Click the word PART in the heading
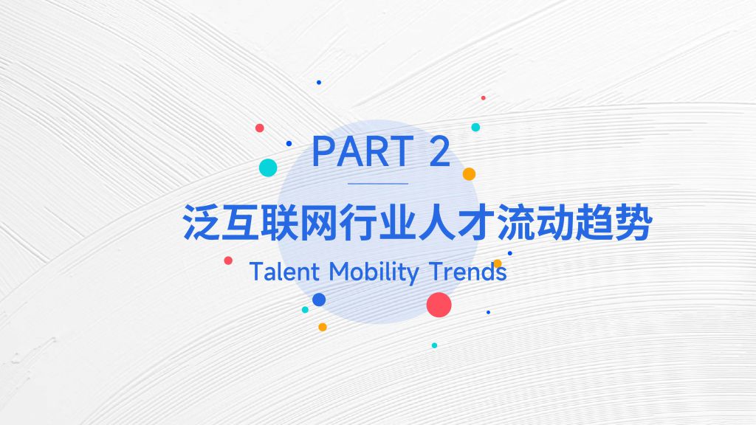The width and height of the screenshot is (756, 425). [x=363, y=151]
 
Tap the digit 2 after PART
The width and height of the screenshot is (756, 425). [x=440, y=151]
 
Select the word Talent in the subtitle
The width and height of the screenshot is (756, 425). [x=284, y=272]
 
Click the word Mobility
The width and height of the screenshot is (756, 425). [x=374, y=273]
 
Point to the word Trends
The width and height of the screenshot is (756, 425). [x=467, y=272]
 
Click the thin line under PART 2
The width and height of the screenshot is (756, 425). [x=378, y=184]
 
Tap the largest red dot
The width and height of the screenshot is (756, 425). [x=439, y=305]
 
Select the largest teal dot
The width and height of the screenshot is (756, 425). [x=268, y=167]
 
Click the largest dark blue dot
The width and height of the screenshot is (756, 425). [x=319, y=300]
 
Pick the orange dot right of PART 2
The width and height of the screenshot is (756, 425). [x=469, y=174]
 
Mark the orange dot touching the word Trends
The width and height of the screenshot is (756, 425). [x=498, y=263]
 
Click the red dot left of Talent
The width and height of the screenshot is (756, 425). [x=228, y=260]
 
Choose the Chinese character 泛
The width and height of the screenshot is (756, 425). [x=202, y=223]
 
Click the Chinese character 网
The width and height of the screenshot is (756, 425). [x=319, y=223]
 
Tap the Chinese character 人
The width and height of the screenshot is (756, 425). [x=437, y=223]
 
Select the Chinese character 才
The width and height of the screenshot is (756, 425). [x=477, y=223]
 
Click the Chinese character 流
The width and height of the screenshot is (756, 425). [x=516, y=223]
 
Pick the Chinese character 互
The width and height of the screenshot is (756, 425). [x=241, y=223]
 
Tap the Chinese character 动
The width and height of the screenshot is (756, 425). [x=555, y=223]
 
